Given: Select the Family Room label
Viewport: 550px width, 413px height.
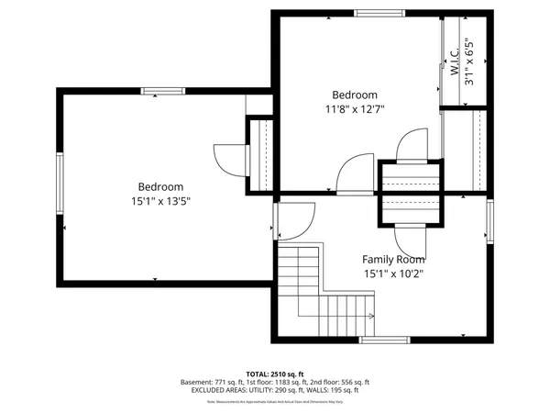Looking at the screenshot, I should coord(393,260).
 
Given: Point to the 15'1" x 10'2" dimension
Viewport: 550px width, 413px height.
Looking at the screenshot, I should coord(393,273).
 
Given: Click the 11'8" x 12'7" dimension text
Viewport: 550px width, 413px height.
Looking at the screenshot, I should coord(355,108).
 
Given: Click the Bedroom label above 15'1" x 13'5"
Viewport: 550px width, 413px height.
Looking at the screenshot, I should coord(160,186).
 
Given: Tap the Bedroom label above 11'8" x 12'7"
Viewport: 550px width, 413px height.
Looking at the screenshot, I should coord(355,95).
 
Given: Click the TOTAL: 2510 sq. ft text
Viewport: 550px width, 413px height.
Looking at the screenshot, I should coord(275,374).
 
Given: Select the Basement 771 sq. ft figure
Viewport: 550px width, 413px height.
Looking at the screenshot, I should coord(216,382).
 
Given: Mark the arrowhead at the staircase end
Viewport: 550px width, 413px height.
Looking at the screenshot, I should coord(372,317).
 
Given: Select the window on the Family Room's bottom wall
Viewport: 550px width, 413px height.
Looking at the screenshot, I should coord(384,340).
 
